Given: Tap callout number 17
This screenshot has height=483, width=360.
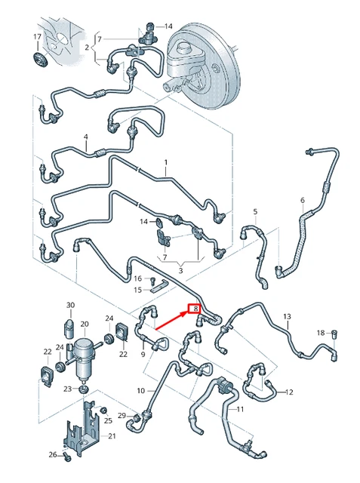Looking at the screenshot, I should pos(38,37).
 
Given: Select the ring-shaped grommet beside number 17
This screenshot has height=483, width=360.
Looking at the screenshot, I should pos(39,59).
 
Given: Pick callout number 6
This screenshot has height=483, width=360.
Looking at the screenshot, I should pos(303,200).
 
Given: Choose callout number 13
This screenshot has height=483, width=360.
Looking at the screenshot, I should pos(287,315).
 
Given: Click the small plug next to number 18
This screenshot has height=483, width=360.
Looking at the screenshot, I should pos(337,333).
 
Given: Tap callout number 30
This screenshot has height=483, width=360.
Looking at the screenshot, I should pos(70,306).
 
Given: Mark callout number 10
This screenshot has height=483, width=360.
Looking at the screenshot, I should pos(140,390).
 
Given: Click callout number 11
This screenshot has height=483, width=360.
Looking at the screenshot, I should pos(241,409).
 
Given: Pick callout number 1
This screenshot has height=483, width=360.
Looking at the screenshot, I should pos(167,162).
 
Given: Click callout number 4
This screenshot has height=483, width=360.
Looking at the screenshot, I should pos(86,137).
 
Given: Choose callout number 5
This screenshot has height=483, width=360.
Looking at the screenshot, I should pos(255,211).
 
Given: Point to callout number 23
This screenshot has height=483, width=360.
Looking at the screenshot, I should pos(67,389).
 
